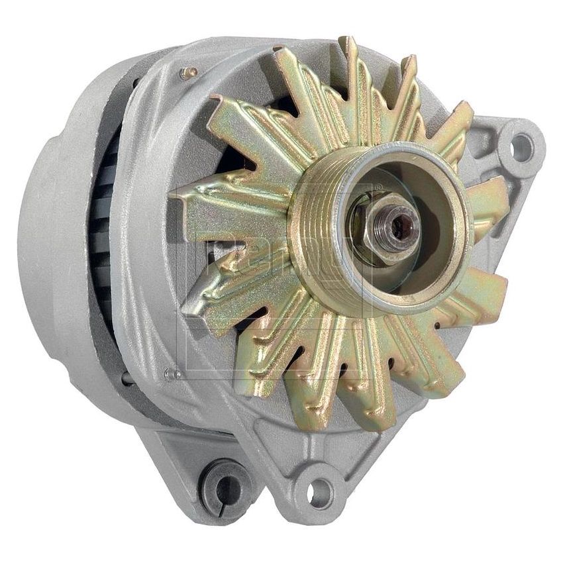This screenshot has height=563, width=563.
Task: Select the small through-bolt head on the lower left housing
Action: point(173,374)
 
